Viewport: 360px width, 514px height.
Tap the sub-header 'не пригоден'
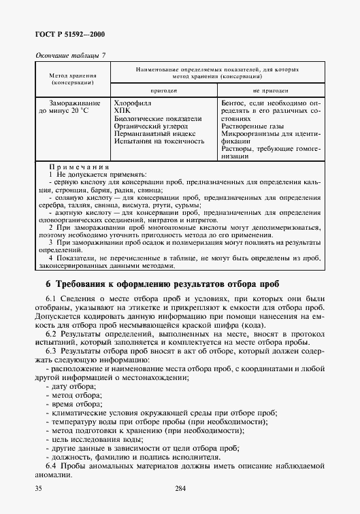tap(270, 90)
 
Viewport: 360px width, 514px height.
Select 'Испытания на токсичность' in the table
tap(159, 141)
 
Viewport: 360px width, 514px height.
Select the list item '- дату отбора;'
tap(71, 386)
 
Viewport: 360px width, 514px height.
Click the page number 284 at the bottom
tap(180, 488)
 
